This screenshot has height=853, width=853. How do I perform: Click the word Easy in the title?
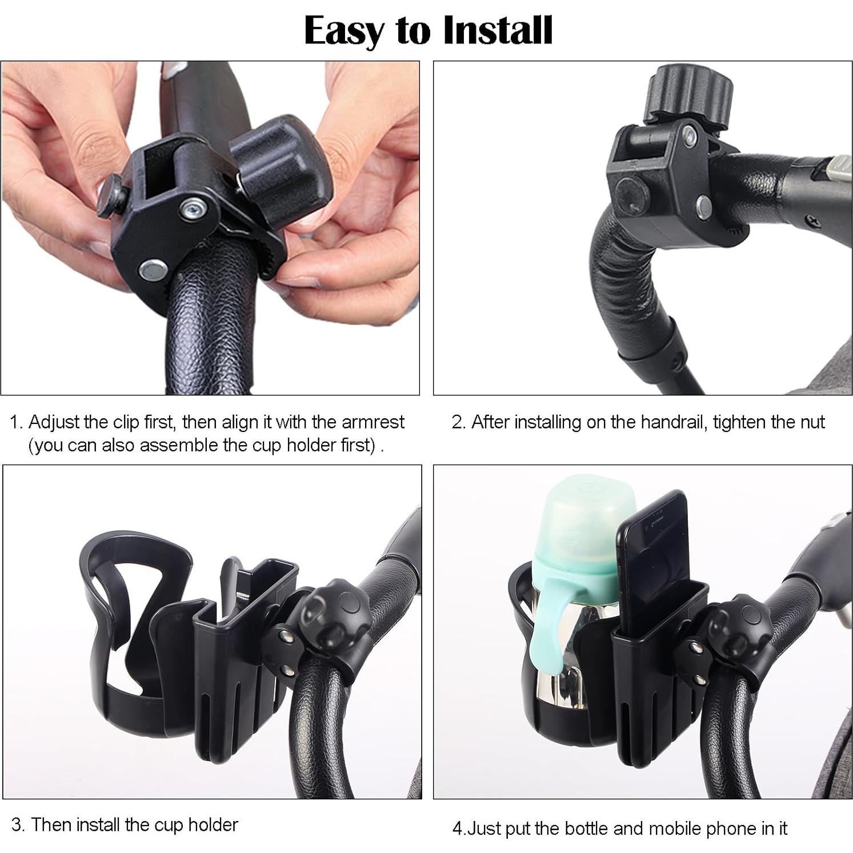[x=345, y=31]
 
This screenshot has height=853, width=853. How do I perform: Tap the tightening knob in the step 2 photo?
[x=690, y=94]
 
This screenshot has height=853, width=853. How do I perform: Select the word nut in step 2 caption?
[x=812, y=422]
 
